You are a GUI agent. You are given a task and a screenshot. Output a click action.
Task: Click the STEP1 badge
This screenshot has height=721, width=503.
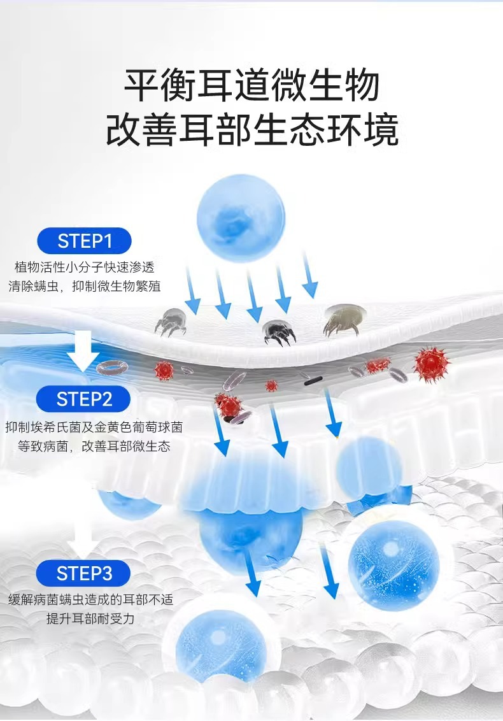tap(84, 241)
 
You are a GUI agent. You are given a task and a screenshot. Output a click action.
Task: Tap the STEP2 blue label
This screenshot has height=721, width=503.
tap(84, 399)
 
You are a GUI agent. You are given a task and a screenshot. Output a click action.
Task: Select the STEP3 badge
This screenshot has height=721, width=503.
tap(84, 573)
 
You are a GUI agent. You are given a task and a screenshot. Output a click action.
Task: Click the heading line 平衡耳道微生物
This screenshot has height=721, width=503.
tap(251, 85)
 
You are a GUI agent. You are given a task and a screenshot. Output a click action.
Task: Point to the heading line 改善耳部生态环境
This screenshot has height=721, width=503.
tap(251, 129)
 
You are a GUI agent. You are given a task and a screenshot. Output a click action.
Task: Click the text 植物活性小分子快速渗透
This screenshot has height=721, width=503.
tap(85, 266)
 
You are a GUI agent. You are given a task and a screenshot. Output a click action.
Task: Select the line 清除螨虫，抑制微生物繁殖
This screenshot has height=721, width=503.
tap(85, 287)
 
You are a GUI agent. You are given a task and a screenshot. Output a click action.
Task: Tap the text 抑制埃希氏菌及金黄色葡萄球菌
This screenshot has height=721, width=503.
tap(94, 427)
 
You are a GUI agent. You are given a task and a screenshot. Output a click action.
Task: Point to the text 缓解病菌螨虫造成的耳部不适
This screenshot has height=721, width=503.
tap(90, 599)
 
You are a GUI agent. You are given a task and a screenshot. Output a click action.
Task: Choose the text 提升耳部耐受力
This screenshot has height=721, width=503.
tap(90, 619)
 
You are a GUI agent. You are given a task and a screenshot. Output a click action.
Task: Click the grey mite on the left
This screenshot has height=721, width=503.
tap(170, 322)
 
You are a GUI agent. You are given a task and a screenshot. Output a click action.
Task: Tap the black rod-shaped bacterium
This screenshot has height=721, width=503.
tap(311, 382)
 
